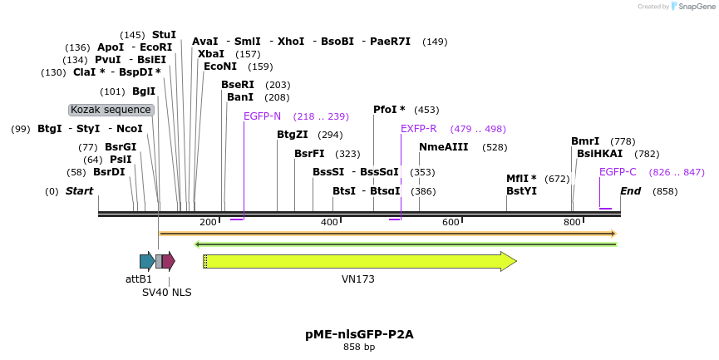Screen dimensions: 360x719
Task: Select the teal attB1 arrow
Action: tap(147, 261)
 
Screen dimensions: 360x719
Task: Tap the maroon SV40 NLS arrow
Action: tap(168, 261)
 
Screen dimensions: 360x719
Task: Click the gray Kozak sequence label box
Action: tap(111, 110)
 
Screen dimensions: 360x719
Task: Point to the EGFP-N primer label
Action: tap(262, 116)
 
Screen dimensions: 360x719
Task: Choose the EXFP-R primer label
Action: tap(418, 129)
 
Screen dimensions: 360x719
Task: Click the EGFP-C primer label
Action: tap(618, 172)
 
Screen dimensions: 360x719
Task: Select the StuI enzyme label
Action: tap(164, 35)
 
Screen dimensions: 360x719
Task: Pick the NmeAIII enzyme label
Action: tap(443, 147)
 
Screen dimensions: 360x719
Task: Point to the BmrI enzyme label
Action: tap(585, 141)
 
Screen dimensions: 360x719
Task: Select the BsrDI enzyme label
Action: tap(109, 172)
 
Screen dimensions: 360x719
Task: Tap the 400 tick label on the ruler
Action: tap(330, 222)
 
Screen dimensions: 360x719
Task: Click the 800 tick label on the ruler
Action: tap(572, 222)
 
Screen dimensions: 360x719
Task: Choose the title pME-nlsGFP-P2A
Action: tap(359, 334)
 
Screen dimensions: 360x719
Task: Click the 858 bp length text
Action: tap(359, 347)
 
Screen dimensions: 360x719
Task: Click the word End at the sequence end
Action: tap(630, 191)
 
